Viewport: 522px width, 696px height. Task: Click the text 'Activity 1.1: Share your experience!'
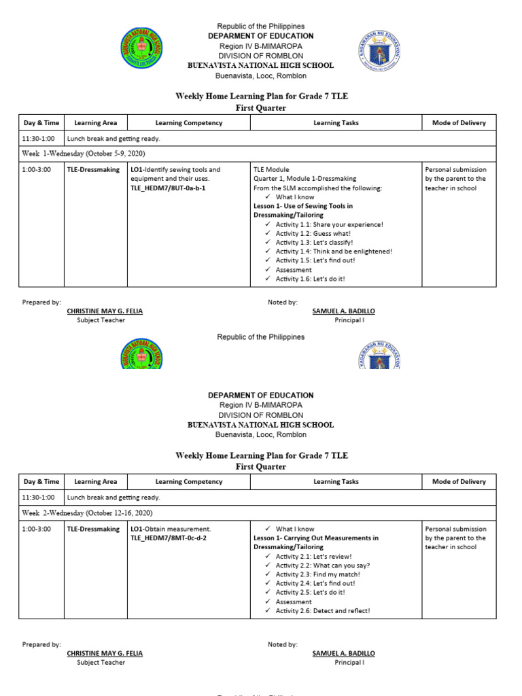(x=329, y=224)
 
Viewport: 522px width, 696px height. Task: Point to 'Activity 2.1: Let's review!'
(x=313, y=556)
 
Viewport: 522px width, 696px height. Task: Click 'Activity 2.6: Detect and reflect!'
(x=323, y=610)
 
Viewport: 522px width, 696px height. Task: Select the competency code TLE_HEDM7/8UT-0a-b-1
(x=167, y=188)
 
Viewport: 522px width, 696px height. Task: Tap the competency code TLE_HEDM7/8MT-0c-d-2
(x=168, y=538)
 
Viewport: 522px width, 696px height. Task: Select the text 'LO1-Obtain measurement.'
(x=171, y=529)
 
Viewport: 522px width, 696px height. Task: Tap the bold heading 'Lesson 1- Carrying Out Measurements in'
(x=315, y=538)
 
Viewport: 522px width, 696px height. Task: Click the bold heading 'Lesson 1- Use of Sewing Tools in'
(x=302, y=206)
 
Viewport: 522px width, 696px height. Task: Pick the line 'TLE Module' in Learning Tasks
(x=271, y=169)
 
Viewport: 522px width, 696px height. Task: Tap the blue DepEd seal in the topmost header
(x=379, y=48)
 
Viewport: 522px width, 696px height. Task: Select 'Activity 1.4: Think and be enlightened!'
(x=334, y=251)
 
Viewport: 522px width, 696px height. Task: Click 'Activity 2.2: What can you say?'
(x=323, y=565)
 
